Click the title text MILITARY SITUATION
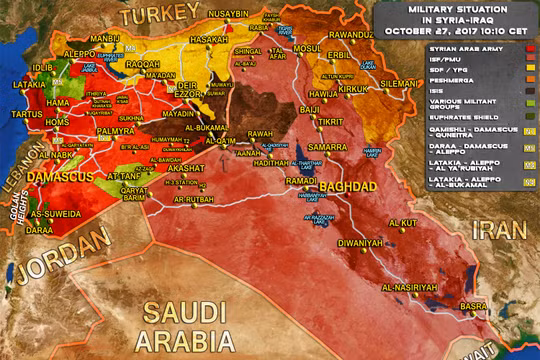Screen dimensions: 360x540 pyautogui.click(x=458, y=9)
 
